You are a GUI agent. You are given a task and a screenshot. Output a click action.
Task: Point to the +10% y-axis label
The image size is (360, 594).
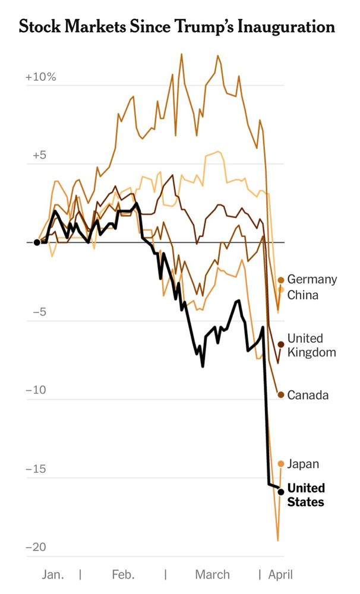pos(40,78)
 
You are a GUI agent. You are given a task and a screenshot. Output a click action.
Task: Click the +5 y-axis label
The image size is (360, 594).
pos(39,156)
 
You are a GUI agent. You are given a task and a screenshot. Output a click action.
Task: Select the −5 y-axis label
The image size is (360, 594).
pos(39,312)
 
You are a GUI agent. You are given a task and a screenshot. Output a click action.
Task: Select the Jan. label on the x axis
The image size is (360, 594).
pos(53,574)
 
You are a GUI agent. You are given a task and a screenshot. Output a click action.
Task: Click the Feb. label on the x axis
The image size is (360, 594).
pos(122,574)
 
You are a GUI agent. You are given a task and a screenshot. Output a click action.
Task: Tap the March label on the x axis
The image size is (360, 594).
pos(212,574)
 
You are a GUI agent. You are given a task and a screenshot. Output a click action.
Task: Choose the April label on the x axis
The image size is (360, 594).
pos(280,574)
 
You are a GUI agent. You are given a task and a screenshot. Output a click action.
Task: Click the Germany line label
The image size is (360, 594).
pos(312,279)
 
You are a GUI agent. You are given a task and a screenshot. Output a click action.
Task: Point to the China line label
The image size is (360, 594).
pos(303,295)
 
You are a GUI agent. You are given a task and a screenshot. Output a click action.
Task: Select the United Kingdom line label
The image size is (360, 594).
pos(311,345)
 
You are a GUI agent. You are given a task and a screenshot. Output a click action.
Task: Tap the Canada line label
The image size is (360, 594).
pos(308,395)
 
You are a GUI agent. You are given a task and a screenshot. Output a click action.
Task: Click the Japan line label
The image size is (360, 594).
pos(303,464)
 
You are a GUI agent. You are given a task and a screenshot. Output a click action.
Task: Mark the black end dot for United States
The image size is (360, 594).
pos(281,492)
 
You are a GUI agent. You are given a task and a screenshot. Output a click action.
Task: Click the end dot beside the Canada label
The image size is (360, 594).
pos(281,395)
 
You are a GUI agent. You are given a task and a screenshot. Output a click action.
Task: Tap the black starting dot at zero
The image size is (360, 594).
pos(37,242)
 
